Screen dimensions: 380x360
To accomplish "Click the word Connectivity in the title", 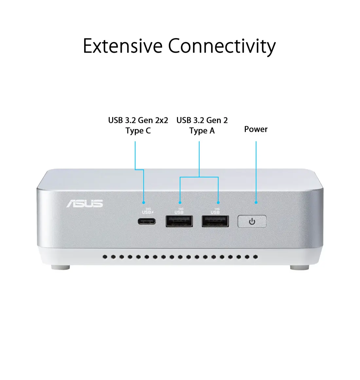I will pyautogui.click(x=222, y=47).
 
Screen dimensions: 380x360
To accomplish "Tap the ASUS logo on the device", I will pyautogui.click(x=85, y=204).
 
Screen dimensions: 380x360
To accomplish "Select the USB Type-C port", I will pyautogui.click(x=147, y=221).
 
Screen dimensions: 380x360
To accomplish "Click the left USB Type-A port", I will pyautogui.click(x=179, y=221).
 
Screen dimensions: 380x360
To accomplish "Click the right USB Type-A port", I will pyautogui.click(x=215, y=221).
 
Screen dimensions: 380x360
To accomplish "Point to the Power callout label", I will pyautogui.click(x=256, y=129).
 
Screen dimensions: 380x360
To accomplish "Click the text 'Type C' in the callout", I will pyautogui.click(x=138, y=131).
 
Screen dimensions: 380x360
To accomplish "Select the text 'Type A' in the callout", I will pyautogui.click(x=202, y=131).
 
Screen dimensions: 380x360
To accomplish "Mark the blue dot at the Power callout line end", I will pyautogui.click(x=256, y=202).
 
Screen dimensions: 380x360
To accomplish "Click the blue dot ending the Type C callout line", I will pyautogui.click(x=144, y=202).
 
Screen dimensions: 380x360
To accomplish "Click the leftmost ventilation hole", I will pyautogui.click(x=105, y=257).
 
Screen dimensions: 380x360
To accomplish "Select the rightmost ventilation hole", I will pyautogui.click(x=255, y=257).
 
